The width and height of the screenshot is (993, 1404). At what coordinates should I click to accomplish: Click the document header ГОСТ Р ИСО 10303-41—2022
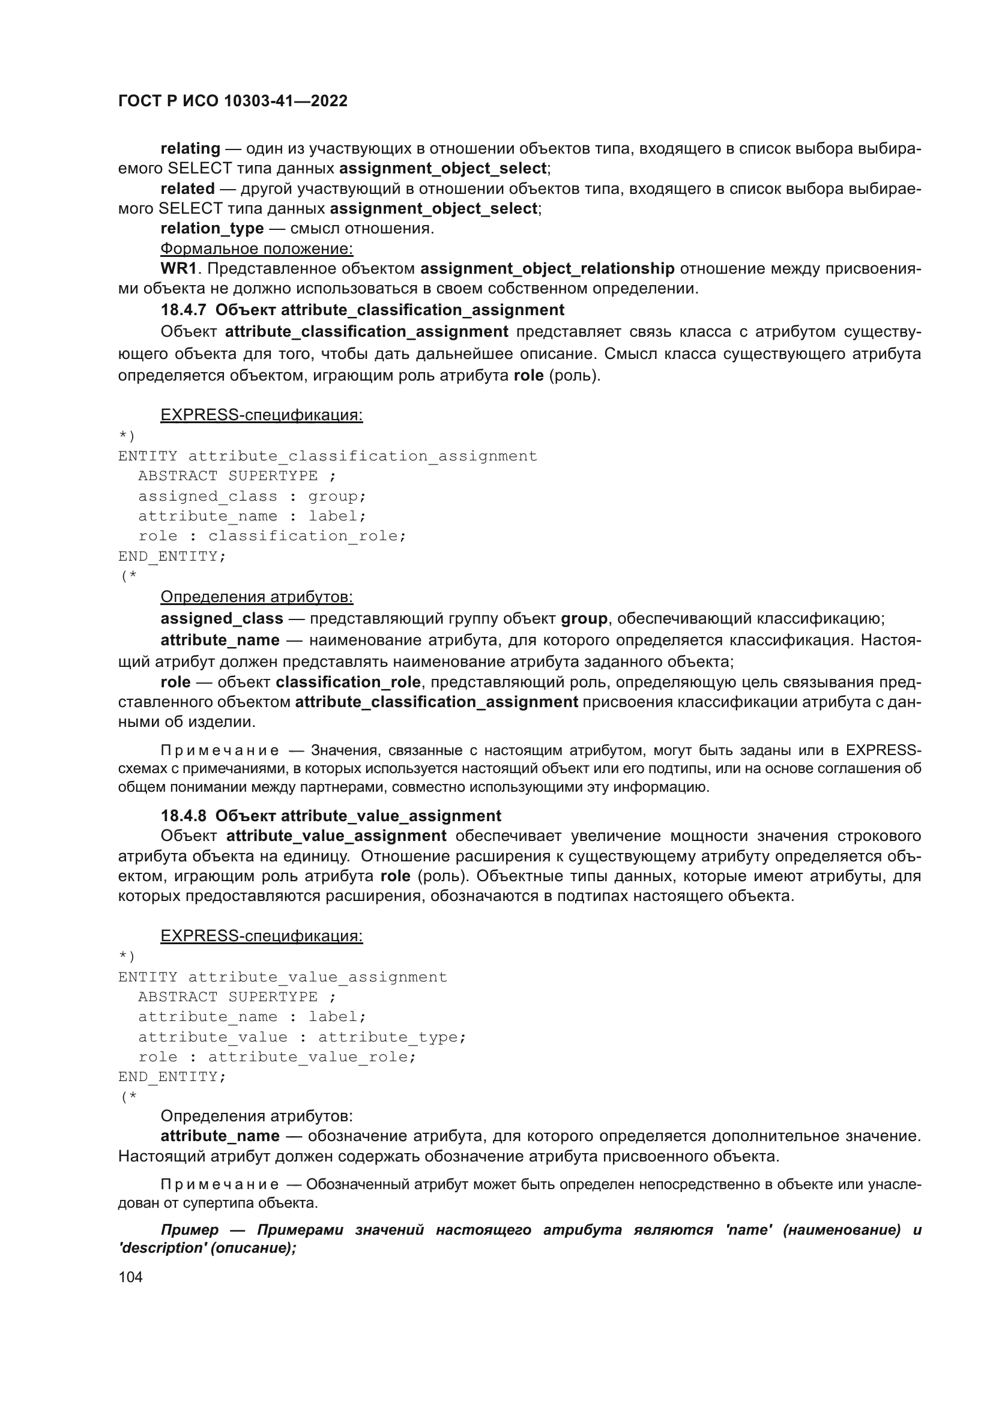click(x=233, y=101)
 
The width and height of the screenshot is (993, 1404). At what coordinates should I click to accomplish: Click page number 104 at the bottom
click(x=130, y=1277)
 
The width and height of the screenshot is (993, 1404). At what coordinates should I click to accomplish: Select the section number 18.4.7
click(x=184, y=310)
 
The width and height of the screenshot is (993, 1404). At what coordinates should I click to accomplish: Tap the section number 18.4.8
click(x=184, y=816)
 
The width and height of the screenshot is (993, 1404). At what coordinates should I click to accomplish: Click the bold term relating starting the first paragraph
click(x=190, y=149)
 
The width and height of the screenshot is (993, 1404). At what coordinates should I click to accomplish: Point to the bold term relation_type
click(x=212, y=228)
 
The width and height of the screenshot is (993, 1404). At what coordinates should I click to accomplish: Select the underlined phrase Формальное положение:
click(x=257, y=249)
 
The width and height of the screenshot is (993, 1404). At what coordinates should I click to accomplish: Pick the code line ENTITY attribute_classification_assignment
click(x=328, y=456)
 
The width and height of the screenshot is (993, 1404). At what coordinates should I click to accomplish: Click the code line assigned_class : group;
click(x=252, y=496)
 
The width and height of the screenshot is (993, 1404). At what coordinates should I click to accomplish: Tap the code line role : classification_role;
click(x=272, y=535)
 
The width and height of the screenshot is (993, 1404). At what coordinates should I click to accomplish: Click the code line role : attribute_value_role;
click(x=277, y=1056)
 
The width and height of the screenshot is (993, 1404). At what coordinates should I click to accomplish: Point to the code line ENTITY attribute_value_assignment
click(x=283, y=977)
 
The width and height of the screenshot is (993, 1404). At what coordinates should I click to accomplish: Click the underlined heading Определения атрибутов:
click(x=257, y=597)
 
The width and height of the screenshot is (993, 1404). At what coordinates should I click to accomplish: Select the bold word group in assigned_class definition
click(x=584, y=619)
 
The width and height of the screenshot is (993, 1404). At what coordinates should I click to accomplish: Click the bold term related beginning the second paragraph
click(x=188, y=188)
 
